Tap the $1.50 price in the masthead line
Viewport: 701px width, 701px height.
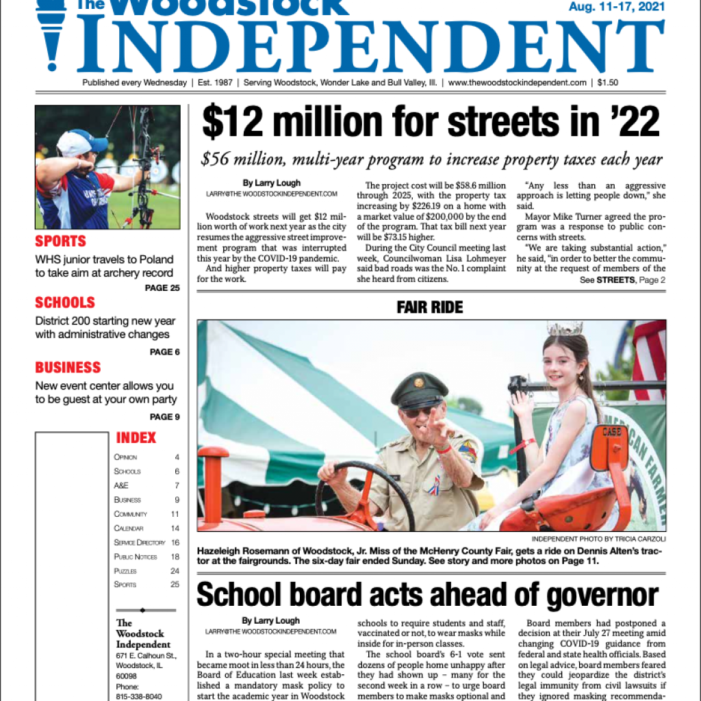607,83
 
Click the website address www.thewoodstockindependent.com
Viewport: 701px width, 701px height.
518,83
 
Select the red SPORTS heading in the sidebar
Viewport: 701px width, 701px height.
60,241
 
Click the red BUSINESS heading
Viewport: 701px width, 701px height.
68,368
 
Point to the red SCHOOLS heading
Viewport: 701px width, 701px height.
64,303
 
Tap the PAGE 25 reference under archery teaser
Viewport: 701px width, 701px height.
162,288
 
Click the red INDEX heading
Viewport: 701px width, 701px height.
136,438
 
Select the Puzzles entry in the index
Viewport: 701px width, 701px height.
125,571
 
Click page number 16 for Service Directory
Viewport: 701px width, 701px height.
175,542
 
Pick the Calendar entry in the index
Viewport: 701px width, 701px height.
129,528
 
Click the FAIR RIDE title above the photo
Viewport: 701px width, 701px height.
429,308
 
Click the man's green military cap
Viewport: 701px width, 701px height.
418,390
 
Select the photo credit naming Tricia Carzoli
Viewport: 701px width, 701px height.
598,539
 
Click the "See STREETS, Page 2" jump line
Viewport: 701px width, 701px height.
622,281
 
